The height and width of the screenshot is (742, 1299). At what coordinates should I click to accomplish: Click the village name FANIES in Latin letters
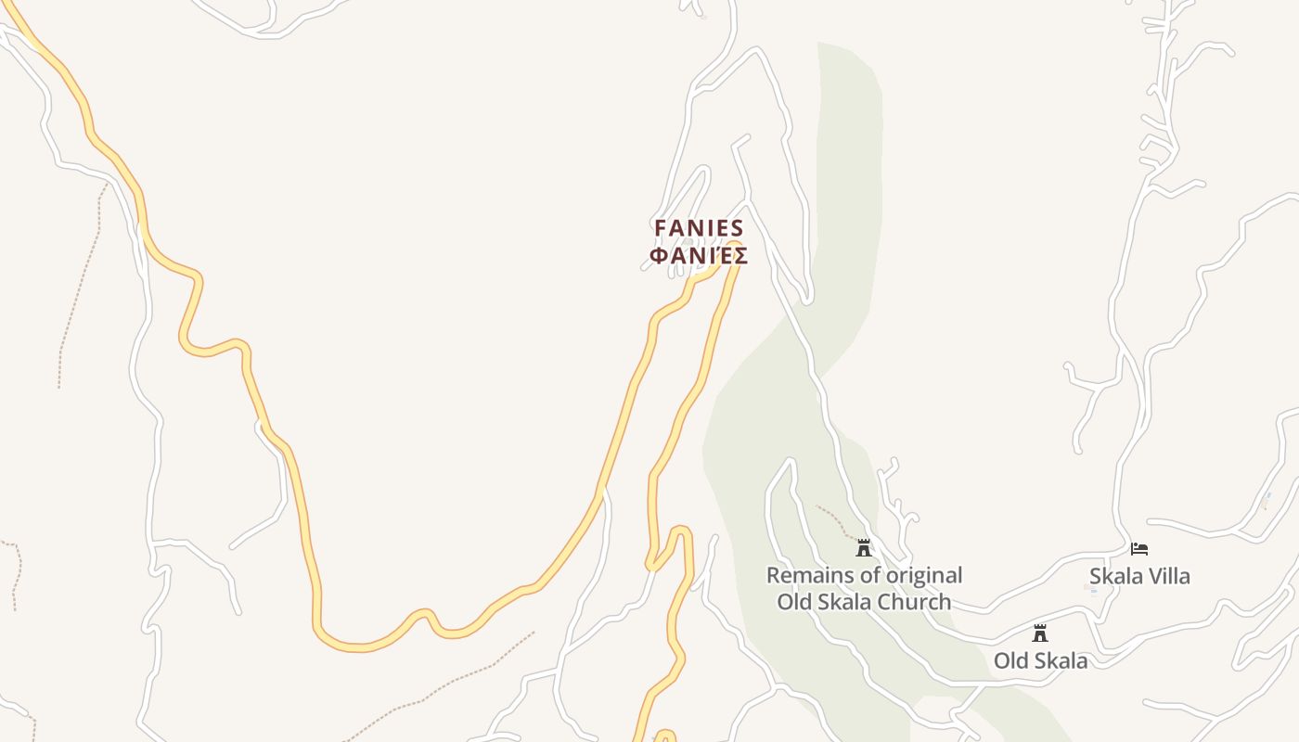(699, 228)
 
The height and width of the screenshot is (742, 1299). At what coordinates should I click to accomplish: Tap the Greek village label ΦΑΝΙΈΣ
(699, 255)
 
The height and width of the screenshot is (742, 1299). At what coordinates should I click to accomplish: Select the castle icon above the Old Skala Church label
(864, 548)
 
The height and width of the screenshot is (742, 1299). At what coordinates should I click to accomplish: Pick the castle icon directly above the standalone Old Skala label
(1040, 633)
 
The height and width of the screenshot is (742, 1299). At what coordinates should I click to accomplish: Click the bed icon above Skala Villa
(1139, 549)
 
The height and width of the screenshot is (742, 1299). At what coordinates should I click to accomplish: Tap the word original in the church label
(919, 576)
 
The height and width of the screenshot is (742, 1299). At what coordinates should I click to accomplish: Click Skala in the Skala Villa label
(1115, 576)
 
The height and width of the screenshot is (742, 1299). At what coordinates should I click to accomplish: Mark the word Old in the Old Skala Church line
(794, 602)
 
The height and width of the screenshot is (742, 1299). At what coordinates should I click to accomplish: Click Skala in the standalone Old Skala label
(1059, 660)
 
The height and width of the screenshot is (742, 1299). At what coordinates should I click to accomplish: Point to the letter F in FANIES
(661, 228)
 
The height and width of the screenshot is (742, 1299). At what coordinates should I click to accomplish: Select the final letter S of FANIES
(738, 228)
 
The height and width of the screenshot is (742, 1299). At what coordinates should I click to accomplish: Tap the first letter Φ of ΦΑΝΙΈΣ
(658, 255)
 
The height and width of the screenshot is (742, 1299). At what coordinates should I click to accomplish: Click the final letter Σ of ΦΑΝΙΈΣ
(740, 255)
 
